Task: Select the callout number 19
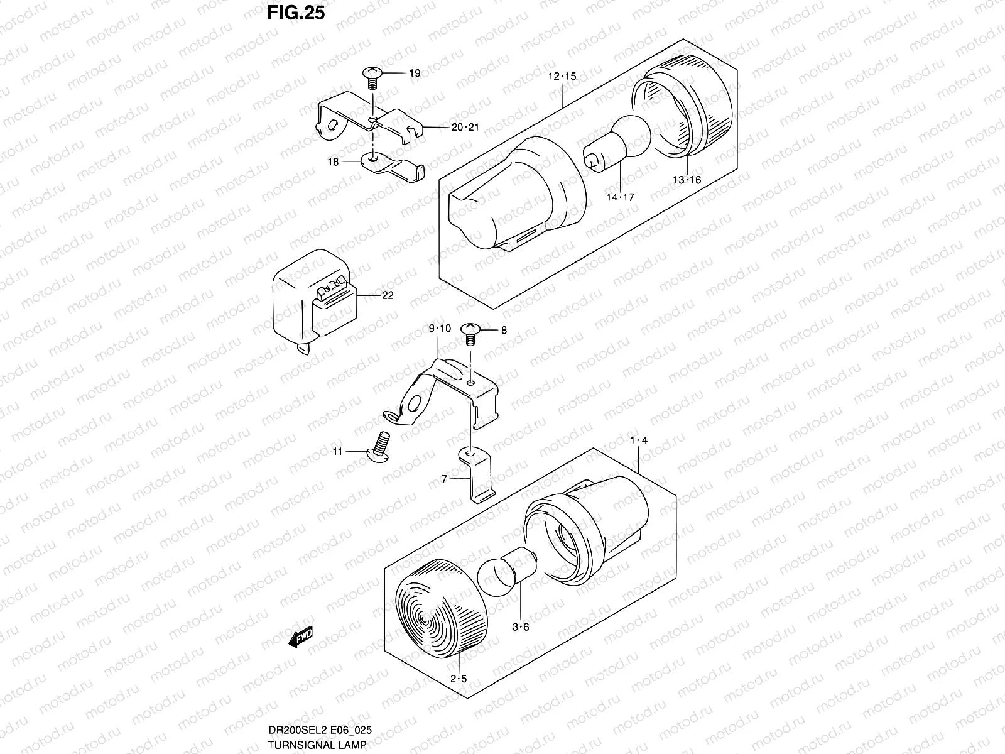pos(415,74)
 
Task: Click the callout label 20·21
pos(465,127)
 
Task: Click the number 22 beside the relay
pos(388,295)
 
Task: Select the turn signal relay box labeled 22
pos(314,300)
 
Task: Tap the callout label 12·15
pos(562,77)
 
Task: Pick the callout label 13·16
pos(687,180)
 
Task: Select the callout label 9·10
pos(440,328)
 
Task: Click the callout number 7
pos(444,479)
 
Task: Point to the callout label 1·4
pos(638,440)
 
